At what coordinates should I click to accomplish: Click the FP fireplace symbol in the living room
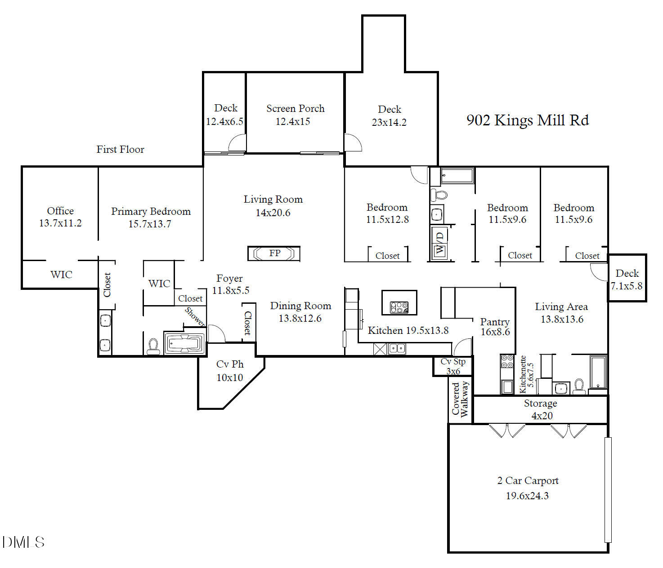click(274, 253)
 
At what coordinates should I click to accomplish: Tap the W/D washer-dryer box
click(439, 243)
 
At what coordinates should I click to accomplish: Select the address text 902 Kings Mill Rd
click(527, 120)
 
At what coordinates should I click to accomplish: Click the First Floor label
click(120, 149)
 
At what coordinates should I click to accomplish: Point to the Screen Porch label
click(295, 109)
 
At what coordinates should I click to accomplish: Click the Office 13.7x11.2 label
click(60, 217)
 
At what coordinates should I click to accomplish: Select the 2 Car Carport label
click(528, 481)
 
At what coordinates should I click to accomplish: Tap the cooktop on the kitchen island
click(399, 307)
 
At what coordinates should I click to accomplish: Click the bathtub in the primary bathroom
click(184, 344)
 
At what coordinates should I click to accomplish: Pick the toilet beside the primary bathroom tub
click(153, 346)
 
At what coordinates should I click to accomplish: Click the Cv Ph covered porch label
click(230, 370)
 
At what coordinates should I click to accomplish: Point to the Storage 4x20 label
click(541, 409)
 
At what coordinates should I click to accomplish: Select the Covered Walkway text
click(460, 399)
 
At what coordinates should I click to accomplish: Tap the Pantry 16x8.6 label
click(495, 327)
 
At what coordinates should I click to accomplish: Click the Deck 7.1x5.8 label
click(627, 279)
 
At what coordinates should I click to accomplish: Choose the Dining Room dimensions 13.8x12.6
click(300, 319)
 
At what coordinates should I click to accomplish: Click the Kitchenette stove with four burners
click(507, 361)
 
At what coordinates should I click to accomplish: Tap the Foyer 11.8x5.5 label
click(230, 284)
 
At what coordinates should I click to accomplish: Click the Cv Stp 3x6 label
click(453, 366)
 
